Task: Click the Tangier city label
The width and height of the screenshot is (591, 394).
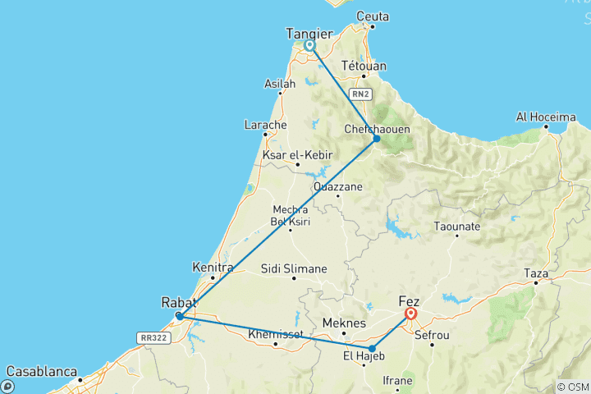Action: pos(309,33)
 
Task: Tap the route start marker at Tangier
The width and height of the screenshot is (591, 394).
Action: pos(309,46)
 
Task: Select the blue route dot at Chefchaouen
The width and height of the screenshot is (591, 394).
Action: pos(377,139)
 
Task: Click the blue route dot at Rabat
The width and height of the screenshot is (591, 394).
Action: pos(179,316)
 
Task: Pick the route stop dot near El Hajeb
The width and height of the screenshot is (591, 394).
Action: pos(372,349)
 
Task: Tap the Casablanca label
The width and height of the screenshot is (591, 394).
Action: pos(39,371)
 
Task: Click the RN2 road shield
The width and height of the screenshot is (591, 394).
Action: pos(360,95)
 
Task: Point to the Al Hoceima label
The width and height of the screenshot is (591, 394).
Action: pos(545,117)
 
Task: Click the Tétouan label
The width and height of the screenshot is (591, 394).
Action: pos(364,66)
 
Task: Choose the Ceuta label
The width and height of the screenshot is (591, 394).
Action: pos(372,16)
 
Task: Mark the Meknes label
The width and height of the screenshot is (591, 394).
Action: pos(343,323)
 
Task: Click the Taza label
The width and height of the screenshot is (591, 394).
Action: pos(536,272)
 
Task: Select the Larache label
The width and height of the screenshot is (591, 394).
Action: pos(265,125)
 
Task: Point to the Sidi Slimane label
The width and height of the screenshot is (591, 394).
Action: pos(293,268)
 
